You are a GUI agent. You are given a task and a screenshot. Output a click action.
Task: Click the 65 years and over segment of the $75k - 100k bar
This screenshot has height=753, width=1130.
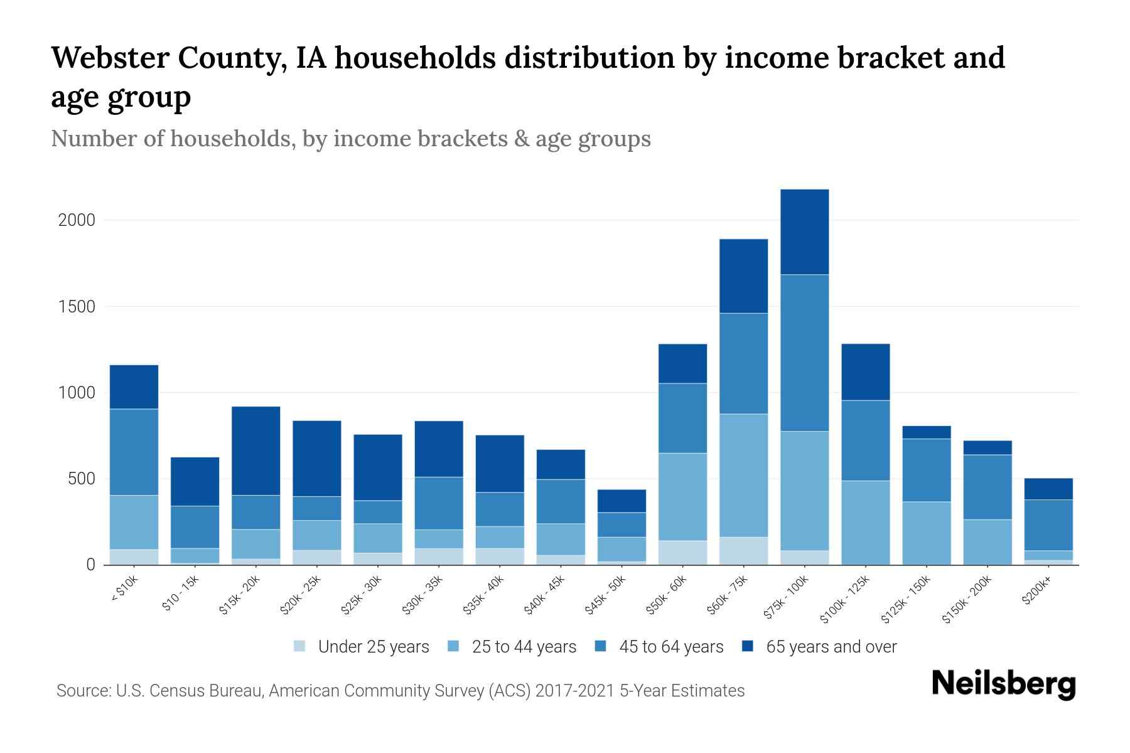click(x=804, y=232)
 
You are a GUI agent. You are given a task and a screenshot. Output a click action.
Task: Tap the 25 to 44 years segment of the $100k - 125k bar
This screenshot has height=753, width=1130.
click(x=865, y=522)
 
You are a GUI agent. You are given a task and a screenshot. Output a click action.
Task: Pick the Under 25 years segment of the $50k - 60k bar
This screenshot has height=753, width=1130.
click(x=682, y=552)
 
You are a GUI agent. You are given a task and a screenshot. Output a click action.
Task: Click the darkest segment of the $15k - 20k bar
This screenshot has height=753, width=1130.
click(x=256, y=451)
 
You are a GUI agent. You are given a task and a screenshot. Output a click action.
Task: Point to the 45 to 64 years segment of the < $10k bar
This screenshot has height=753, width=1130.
click(x=134, y=452)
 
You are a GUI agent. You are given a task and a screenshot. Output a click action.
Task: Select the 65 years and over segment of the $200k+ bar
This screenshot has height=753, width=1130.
click(x=1048, y=489)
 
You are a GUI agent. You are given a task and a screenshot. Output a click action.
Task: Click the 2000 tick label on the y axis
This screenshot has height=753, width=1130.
click(x=76, y=220)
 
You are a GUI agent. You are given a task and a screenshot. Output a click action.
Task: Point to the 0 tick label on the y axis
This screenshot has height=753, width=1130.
click(x=90, y=565)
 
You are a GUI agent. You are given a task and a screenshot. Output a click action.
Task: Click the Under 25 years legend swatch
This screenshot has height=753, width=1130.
click(x=300, y=646)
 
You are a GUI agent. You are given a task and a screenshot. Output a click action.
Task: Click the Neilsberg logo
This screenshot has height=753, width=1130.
click(x=1003, y=684)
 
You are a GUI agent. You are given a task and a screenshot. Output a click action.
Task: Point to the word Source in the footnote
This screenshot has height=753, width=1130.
click(x=82, y=691)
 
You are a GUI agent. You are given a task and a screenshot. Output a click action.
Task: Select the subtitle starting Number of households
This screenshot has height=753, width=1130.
click(x=350, y=139)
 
